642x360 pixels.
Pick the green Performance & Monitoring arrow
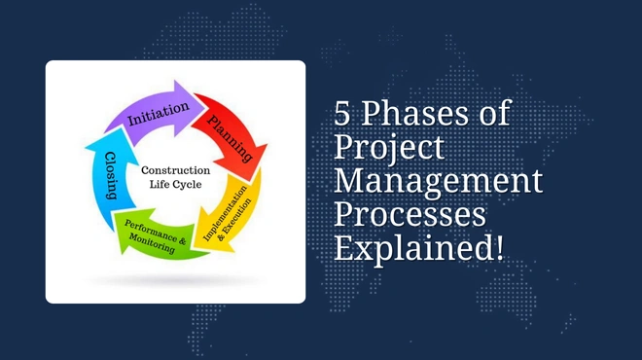156,238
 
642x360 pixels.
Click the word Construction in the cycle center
175,170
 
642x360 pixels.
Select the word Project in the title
389,149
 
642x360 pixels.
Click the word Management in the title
438,182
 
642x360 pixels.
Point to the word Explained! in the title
419,247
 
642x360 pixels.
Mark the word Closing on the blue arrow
111,176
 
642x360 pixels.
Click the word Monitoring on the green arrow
152,247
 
